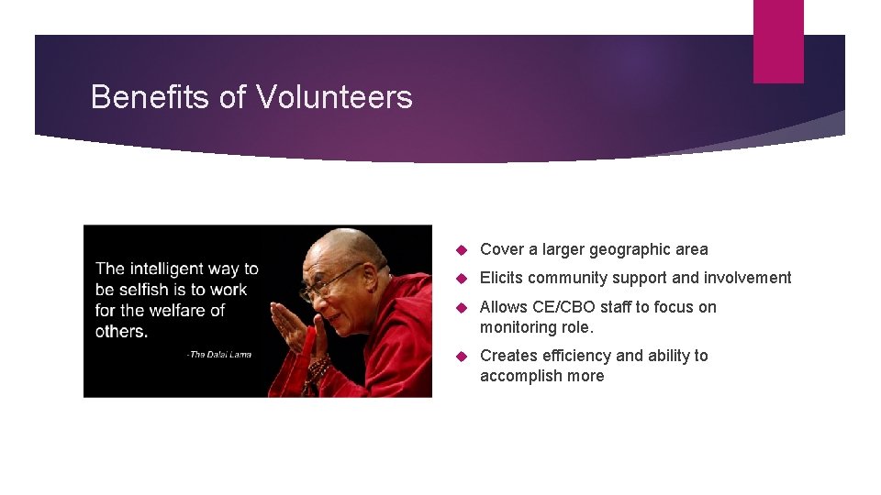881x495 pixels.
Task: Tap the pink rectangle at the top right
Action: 777,41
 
